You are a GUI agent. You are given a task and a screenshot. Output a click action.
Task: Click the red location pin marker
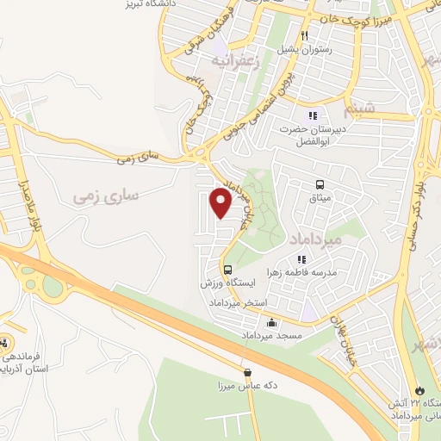click(x=221, y=204)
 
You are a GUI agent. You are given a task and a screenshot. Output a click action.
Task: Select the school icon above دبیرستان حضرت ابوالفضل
click(x=312, y=115)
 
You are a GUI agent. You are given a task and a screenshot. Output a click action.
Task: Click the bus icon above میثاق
click(x=320, y=184)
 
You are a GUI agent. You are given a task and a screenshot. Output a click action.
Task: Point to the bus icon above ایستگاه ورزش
click(x=227, y=269)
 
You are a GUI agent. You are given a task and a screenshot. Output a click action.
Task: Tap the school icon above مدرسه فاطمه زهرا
click(x=301, y=258)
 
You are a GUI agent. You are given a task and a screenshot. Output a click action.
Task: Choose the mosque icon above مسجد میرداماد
click(x=272, y=323)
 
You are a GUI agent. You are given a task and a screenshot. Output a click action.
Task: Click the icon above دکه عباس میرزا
click(x=248, y=373)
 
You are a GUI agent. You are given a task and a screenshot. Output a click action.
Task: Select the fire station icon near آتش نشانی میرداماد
click(x=420, y=390)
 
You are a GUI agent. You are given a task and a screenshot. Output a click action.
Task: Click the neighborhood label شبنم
click(x=356, y=112)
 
